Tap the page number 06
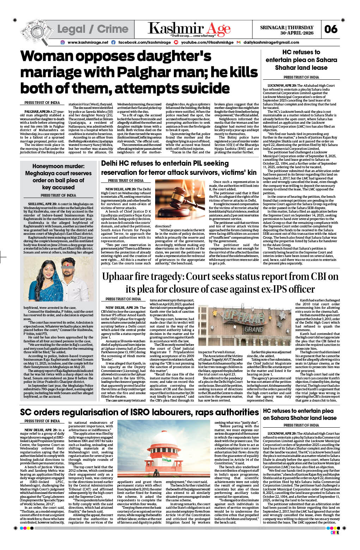click(x=331, y=29)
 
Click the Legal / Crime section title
click(x=93, y=29)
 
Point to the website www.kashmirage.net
click(x=88, y=42)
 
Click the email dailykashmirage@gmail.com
click(x=271, y=42)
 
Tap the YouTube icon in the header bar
click(x=176, y=42)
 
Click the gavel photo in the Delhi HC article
click(x=180, y=200)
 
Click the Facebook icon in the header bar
click(x=113, y=42)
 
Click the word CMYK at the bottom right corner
click(x=334, y=532)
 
